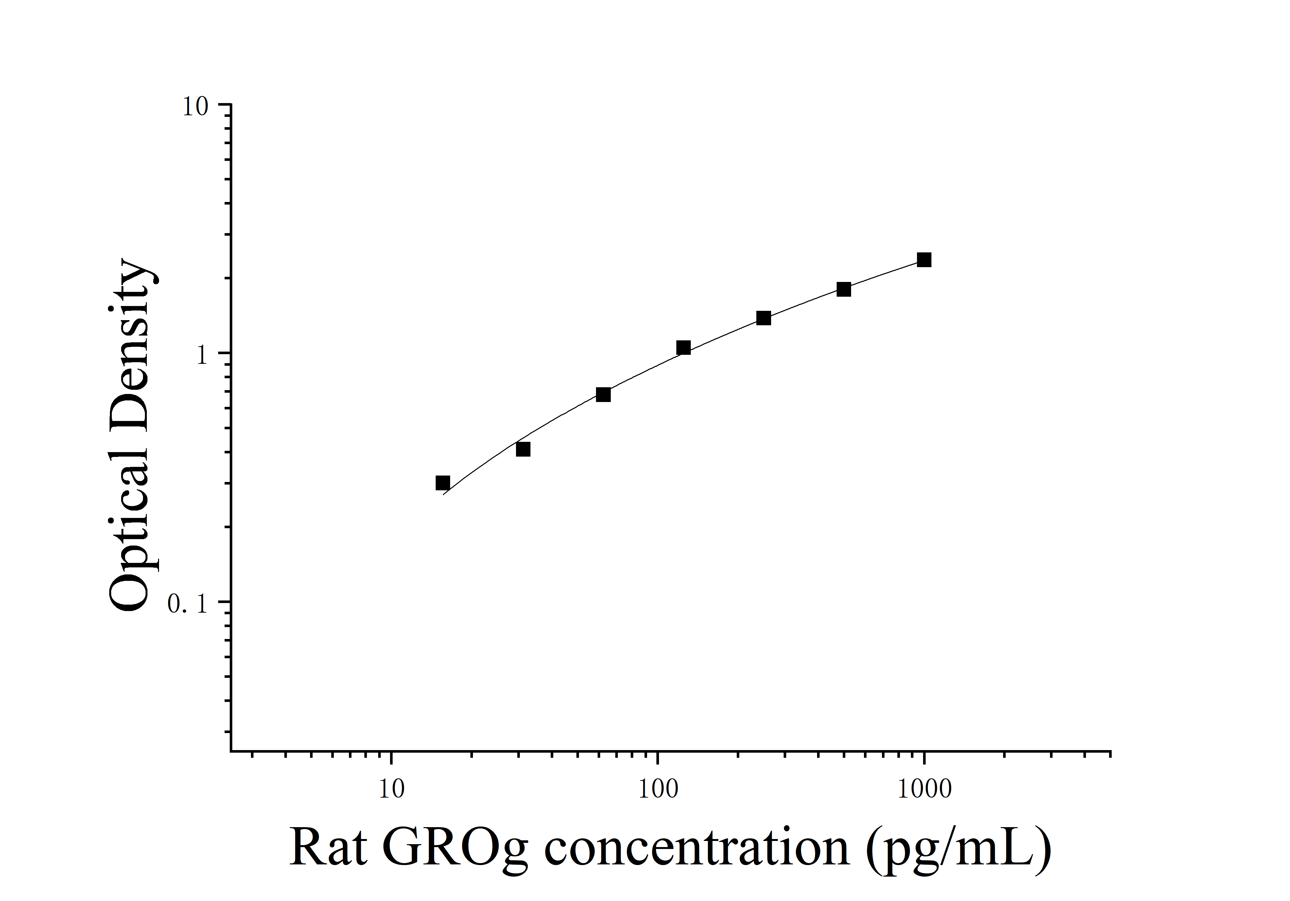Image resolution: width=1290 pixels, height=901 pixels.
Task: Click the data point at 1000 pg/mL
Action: tap(924, 259)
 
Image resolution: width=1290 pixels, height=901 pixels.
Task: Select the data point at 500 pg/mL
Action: tap(843, 289)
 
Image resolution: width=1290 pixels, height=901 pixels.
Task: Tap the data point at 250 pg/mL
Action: tap(763, 318)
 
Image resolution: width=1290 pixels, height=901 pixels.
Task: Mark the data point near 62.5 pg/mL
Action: tap(603, 395)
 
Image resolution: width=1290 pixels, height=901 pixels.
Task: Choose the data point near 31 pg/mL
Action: tap(522, 449)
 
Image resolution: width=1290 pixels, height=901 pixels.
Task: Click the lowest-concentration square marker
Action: tap(443, 483)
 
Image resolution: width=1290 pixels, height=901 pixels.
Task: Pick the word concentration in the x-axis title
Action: tap(697, 848)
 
